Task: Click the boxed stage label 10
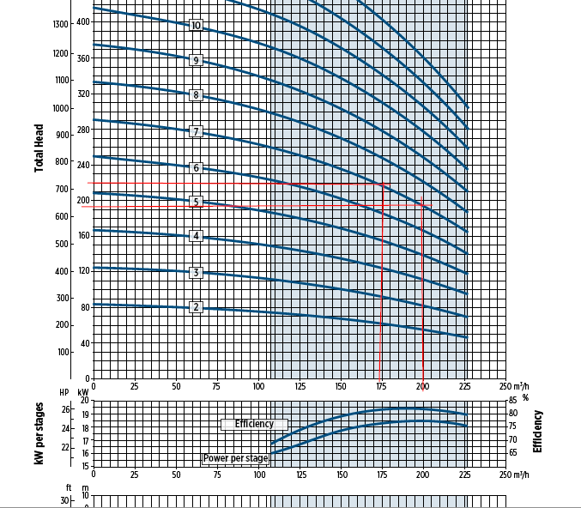click(197, 26)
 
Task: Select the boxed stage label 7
click(197, 131)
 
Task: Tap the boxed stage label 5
click(197, 203)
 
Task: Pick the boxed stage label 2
click(197, 307)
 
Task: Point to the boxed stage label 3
click(197, 273)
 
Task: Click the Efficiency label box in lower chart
click(254, 424)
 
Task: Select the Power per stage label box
click(235, 458)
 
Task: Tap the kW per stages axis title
click(39, 433)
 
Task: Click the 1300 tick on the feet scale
click(60, 24)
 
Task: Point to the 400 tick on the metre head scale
click(82, 21)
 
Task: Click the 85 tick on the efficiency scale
click(512, 400)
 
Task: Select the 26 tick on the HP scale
click(65, 409)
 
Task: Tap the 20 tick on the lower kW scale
click(84, 400)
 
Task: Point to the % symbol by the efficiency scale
click(524, 397)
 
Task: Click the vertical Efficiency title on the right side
click(539, 432)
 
